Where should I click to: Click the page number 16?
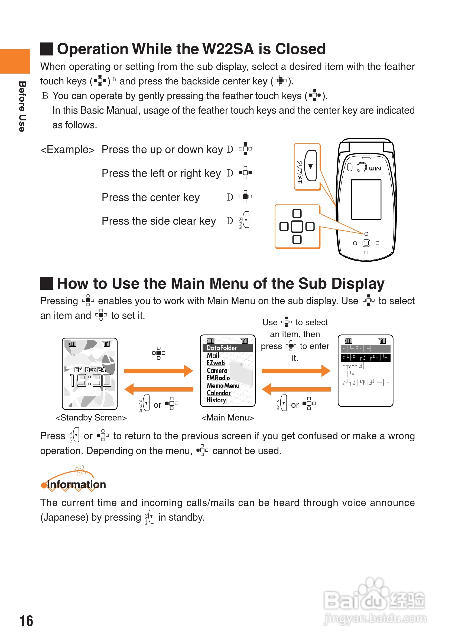coord(26,621)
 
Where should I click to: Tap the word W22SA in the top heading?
coord(228,49)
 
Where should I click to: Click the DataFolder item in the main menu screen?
coord(222,348)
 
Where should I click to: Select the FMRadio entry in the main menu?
coord(218,378)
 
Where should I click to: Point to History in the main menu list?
coord(216,400)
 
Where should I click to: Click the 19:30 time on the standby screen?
coord(90,381)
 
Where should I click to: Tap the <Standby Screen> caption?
coord(91,418)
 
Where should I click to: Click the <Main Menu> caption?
coord(227,418)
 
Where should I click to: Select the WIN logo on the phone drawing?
coord(375,169)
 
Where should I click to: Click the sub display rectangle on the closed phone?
coord(366,199)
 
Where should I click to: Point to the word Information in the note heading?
coord(76,484)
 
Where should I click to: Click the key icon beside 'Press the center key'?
coord(245,197)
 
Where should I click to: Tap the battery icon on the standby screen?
coord(72,344)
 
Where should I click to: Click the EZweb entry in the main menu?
coord(216,363)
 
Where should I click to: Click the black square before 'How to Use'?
coord(47,283)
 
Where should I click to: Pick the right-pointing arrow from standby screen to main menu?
coord(158,371)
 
